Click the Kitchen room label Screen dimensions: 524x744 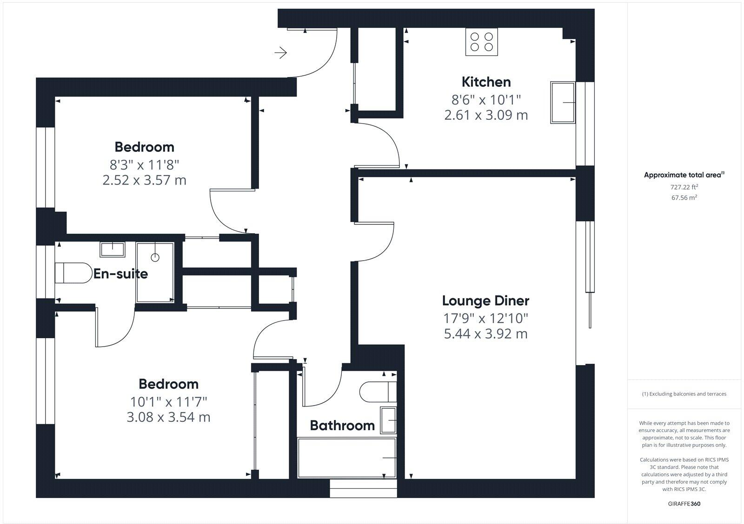click(486, 82)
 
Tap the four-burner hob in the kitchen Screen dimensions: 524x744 click(482, 41)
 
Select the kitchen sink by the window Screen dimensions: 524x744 click(563, 102)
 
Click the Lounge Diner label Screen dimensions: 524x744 click(485, 301)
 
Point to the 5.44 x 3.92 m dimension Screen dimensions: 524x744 click(485, 334)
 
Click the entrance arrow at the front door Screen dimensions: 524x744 click(280, 53)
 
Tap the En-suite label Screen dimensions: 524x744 click(120, 274)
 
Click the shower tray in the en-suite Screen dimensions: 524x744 click(155, 272)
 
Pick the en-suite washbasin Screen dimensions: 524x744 click(113, 249)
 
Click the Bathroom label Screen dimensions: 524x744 click(342, 426)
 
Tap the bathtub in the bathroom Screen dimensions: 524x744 click(347, 458)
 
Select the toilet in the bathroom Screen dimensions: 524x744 click(378, 392)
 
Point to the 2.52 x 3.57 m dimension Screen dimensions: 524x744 click(144, 180)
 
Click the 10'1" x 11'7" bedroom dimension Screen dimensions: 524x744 click(168, 401)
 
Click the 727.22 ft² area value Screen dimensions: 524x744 click(684, 187)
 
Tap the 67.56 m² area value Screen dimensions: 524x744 click(684, 197)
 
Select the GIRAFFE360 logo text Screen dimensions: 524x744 click(684, 504)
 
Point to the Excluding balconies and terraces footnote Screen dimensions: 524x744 click(684, 394)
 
